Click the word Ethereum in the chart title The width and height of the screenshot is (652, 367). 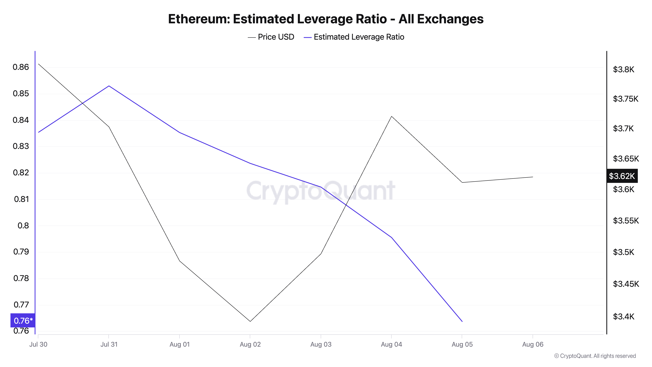click(199, 19)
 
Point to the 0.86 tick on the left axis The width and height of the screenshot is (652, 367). click(21, 67)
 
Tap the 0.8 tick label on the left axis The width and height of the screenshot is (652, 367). click(23, 225)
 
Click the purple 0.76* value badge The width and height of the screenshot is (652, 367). click(23, 321)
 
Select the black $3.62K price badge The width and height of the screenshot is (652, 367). click(622, 176)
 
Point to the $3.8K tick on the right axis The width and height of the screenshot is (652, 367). click(623, 69)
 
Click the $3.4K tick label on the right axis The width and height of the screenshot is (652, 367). click(623, 316)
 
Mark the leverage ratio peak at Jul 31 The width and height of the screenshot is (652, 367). click(109, 86)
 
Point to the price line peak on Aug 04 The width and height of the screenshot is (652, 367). click(392, 116)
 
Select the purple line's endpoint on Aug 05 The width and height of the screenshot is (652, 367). click(462, 321)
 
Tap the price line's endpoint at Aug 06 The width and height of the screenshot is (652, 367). click(533, 177)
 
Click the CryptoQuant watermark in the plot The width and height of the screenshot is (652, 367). click(321, 191)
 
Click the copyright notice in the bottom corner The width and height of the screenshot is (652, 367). click(595, 356)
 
